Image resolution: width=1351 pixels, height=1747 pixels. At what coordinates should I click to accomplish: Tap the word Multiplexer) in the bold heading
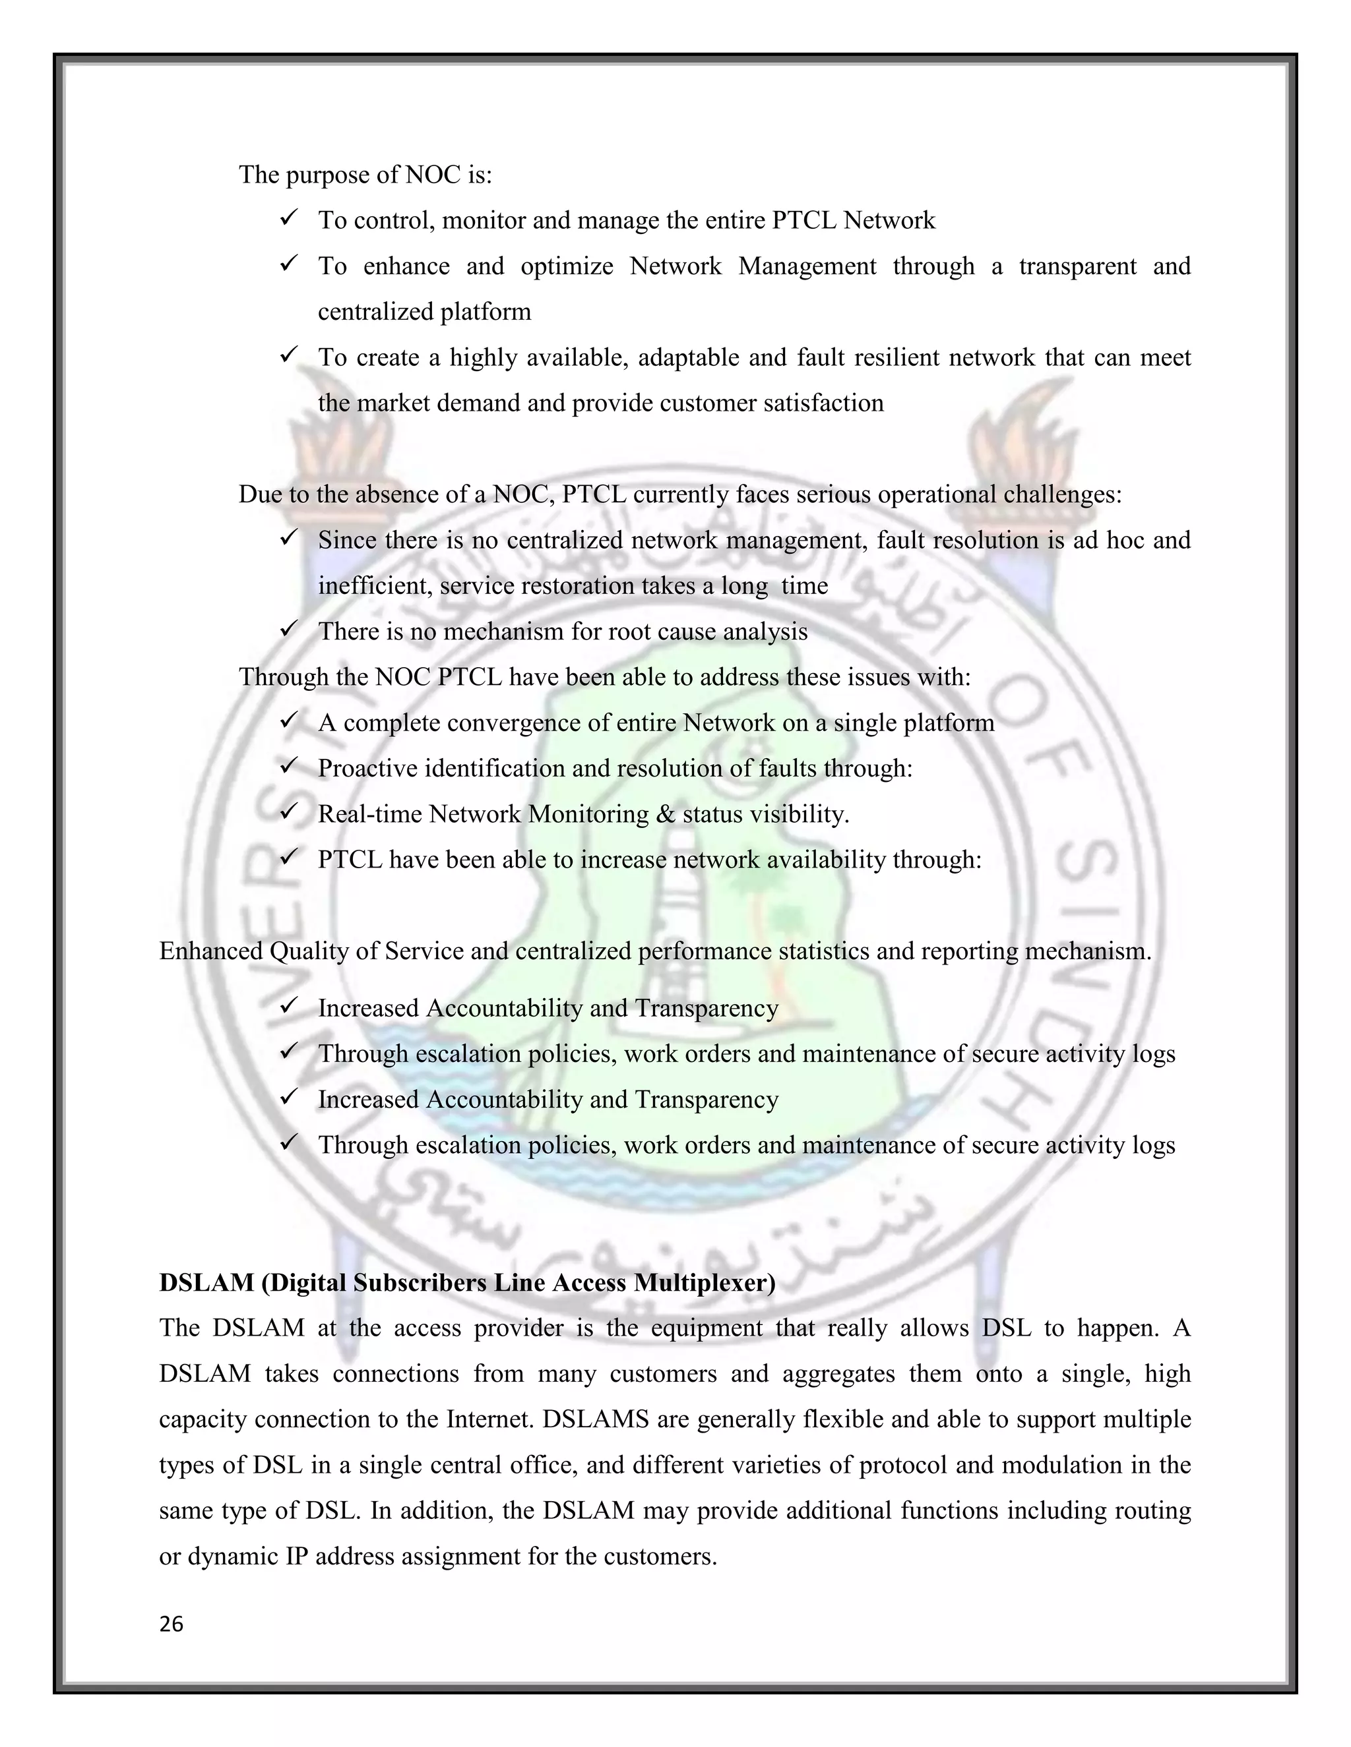tap(705, 1283)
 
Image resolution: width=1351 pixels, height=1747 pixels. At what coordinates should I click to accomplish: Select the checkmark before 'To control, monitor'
tap(289, 218)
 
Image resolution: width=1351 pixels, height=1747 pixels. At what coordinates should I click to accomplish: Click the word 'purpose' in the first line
tap(327, 175)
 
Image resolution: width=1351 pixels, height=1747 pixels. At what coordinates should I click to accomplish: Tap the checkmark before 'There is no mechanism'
tap(289, 629)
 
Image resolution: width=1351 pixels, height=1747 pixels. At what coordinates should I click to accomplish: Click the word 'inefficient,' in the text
tap(375, 586)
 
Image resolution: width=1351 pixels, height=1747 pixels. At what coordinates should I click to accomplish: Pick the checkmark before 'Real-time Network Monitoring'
tap(289, 812)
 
